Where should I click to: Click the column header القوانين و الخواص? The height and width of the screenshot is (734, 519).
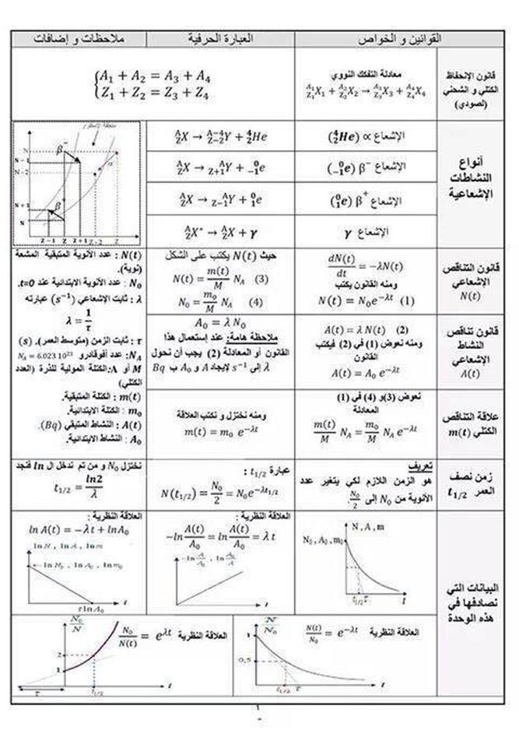click(366, 38)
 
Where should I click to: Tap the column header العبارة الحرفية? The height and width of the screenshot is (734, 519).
click(220, 38)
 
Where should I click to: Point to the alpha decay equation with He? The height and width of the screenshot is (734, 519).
click(220, 136)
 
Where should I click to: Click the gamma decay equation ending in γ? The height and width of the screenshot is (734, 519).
click(220, 231)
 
